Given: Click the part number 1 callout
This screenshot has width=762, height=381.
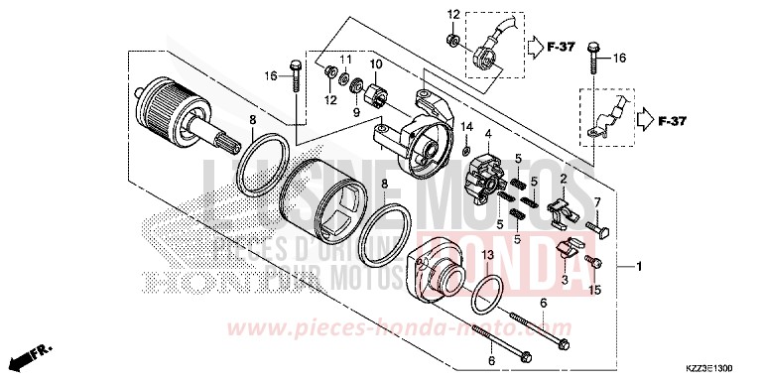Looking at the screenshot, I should click(640, 268).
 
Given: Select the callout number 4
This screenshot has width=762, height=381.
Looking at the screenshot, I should click(487, 134).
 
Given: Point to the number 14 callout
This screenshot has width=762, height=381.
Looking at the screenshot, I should click(466, 125).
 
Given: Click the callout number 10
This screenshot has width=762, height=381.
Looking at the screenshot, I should click(376, 65).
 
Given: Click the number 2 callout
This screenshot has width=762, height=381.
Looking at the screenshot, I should click(563, 179).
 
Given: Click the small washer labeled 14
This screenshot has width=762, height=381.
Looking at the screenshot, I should click(466, 150).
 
